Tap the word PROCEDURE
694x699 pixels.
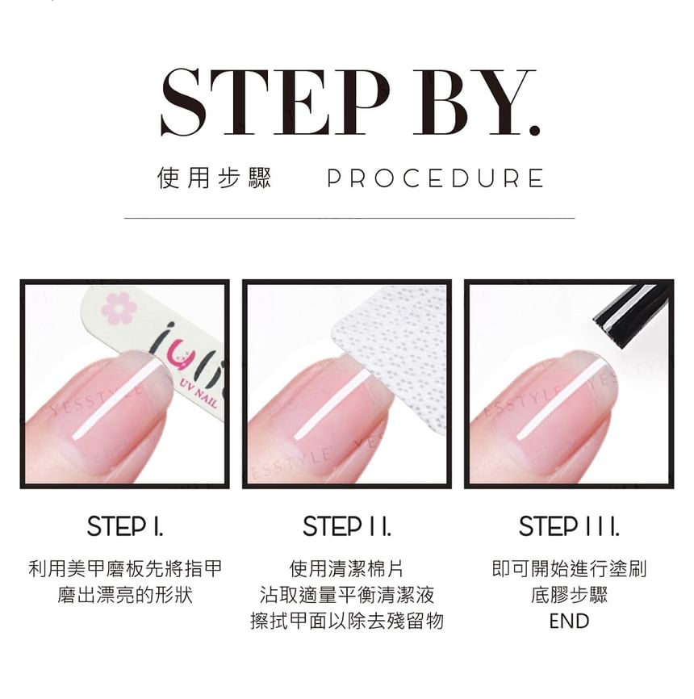click(x=435, y=178)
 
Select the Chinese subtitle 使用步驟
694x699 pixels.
click(x=214, y=178)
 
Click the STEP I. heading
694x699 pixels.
click(x=125, y=526)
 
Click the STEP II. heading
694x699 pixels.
click(x=347, y=526)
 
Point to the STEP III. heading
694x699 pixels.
click(x=569, y=526)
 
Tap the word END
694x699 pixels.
click(x=569, y=621)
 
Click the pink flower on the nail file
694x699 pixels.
click(x=118, y=308)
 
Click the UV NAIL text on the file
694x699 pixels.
click(x=199, y=395)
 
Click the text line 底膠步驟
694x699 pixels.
click(x=569, y=595)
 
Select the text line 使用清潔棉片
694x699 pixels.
click(x=346, y=569)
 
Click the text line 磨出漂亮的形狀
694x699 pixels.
click(x=125, y=595)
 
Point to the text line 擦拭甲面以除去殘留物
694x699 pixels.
click(x=347, y=621)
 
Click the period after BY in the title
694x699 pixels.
click(x=533, y=130)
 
